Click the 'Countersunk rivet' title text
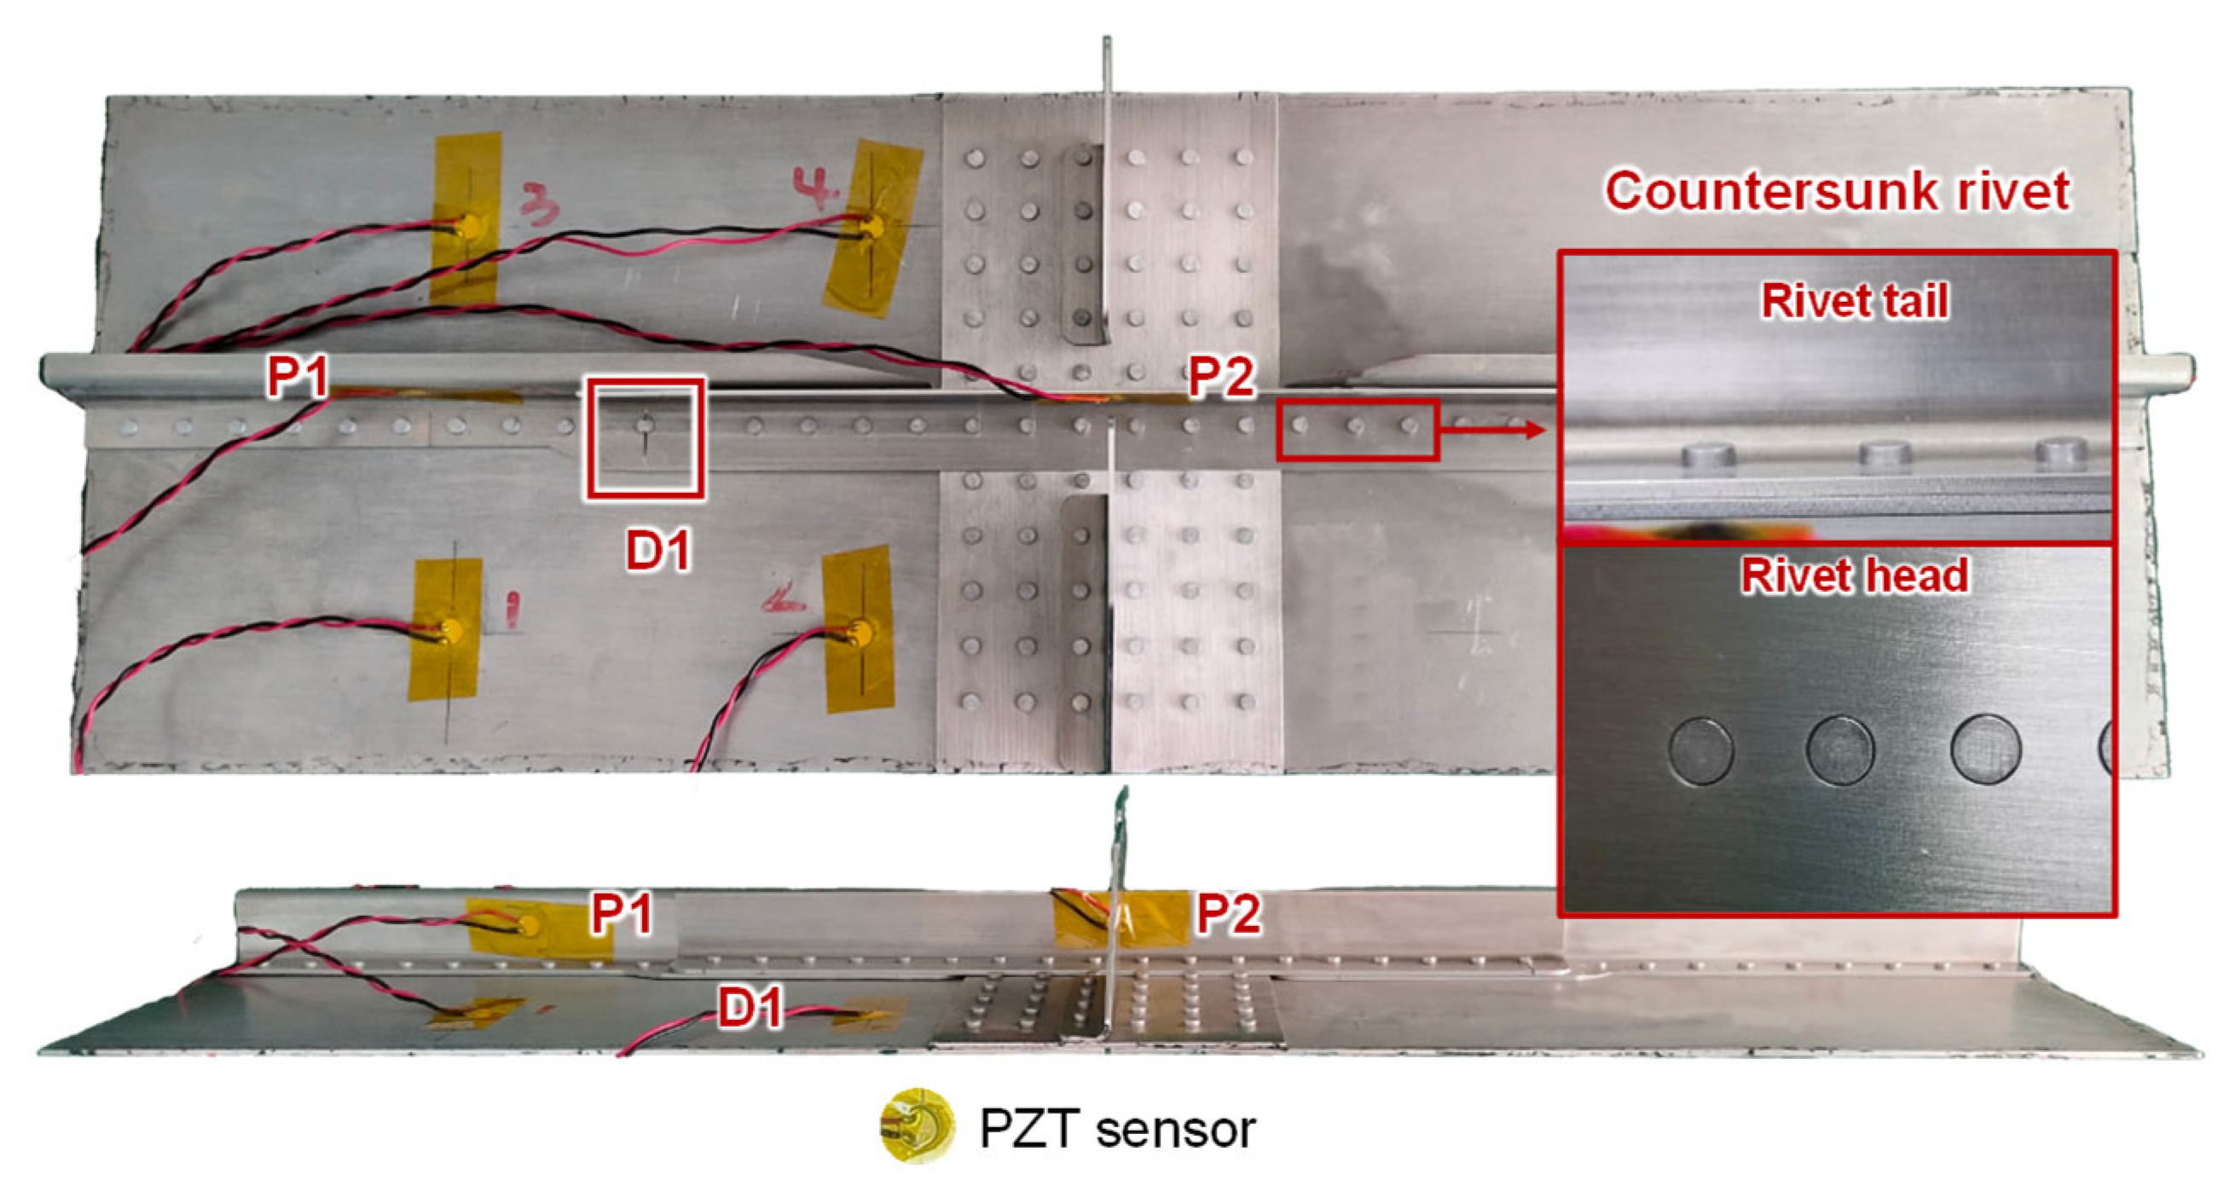pyautogui.click(x=1836, y=190)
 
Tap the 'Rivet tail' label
pyautogui.click(x=1855, y=302)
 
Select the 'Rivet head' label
pyautogui.click(x=1855, y=576)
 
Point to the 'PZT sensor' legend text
pyautogui.click(x=1116, y=1129)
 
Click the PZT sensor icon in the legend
pyautogui.click(x=918, y=1125)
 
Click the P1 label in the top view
pyautogui.click(x=298, y=377)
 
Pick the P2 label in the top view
pyautogui.click(x=1221, y=377)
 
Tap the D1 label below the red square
pyautogui.click(x=658, y=550)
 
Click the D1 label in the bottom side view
pyautogui.click(x=750, y=1007)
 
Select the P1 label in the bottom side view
pyautogui.click(x=622, y=913)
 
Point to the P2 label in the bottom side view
pyautogui.click(x=1228, y=913)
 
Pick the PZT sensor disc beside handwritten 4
pyautogui.click(x=871, y=228)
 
